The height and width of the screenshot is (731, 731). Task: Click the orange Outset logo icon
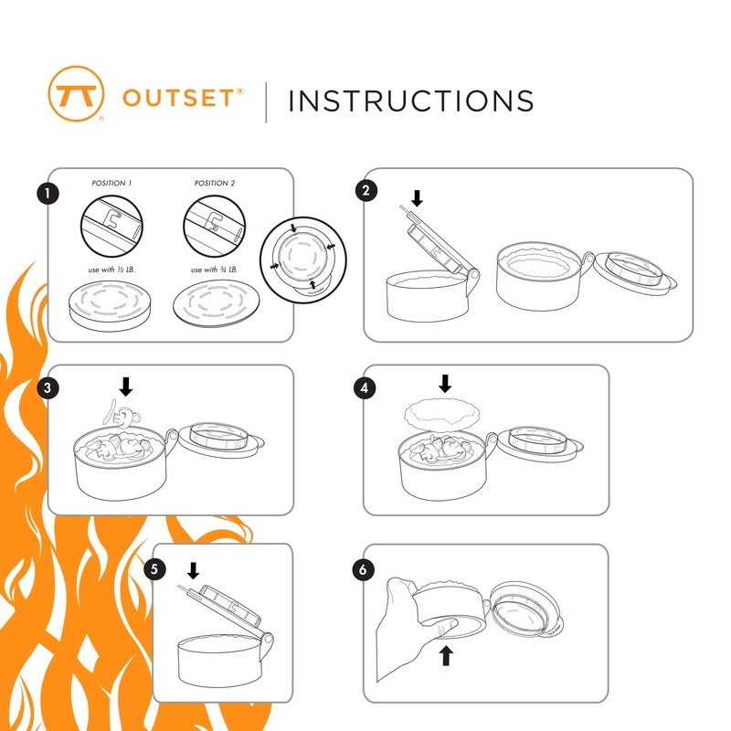coord(77,91)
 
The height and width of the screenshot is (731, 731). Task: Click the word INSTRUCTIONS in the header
coord(410,101)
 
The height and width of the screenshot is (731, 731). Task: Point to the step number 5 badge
coord(154,569)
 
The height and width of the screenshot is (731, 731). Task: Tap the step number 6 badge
coord(364,568)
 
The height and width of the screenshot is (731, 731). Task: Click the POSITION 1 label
coord(111,184)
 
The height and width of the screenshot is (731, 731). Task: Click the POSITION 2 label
coord(215,184)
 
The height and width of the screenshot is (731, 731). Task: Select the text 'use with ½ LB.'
coord(111,270)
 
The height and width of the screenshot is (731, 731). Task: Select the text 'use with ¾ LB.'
coord(215,270)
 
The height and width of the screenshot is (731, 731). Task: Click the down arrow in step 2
coord(418,198)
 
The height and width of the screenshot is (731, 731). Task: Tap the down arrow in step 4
coord(445,383)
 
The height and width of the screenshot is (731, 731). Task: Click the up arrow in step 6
coord(446,655)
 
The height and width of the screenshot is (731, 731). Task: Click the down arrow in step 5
coord(193,572)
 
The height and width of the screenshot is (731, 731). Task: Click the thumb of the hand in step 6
coord(444,625)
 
